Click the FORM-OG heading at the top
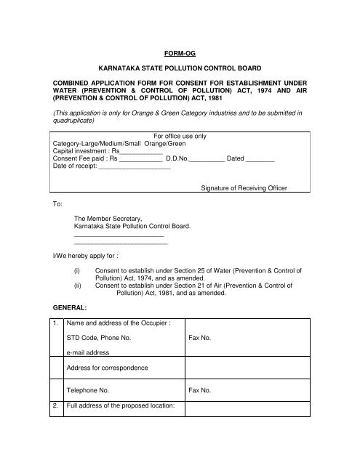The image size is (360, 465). click(179, 52)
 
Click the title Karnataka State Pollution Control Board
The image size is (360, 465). click(179, 73)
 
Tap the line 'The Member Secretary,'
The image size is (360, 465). click(103, 218)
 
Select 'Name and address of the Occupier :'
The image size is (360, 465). click(118, 323)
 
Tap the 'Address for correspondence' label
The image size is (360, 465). click(107, 368)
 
